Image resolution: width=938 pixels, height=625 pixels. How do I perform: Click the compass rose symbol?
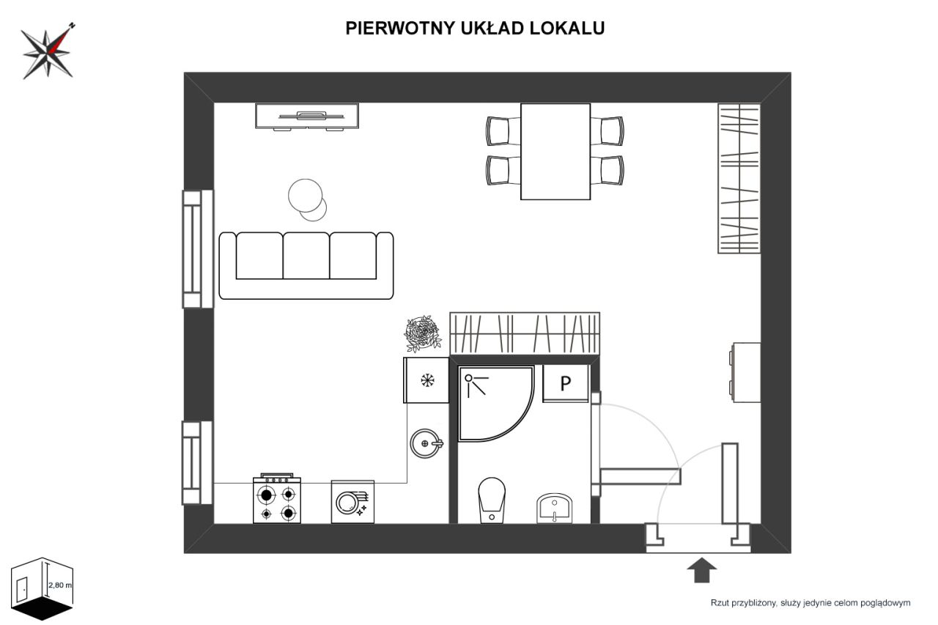coord(48,52)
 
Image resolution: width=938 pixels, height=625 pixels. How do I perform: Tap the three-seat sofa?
coord(306,265)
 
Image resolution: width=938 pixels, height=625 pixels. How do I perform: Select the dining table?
coord(555,151)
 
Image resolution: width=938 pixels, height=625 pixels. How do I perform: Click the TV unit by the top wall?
coord(307,116)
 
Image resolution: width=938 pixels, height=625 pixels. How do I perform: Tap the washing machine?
coord(352,502)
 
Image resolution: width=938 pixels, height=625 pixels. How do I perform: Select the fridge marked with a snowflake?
coord(426,380)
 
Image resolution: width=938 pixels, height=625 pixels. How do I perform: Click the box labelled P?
coord(565,383)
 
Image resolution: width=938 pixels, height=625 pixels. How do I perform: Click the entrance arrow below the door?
coord(703,569)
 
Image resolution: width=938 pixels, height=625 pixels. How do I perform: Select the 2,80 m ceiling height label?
coord(60,585)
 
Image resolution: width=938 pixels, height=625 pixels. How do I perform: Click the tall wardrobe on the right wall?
coord(739,178)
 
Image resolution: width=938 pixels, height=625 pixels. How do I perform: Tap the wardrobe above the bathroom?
coord(525,333)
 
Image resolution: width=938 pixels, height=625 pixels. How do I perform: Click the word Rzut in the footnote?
coord(722,603)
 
